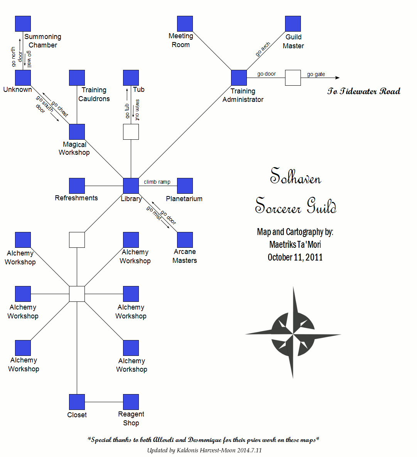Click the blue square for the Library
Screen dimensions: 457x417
click(x=131, y=186)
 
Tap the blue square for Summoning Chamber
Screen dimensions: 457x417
click(x=23, y=24)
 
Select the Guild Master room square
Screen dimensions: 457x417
click(x=293, y=24)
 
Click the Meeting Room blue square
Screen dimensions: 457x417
click(x=185, y=24)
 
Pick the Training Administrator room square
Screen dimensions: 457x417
click(x=239, y=78)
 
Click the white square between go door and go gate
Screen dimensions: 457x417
click(x=293, y=78)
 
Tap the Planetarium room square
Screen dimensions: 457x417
click(x=185, y=186)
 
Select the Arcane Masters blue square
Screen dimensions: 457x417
click(x=185, y=240)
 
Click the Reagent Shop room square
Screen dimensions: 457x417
click(x=131, y=402)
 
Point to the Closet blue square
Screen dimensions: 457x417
click(x=77, y=402)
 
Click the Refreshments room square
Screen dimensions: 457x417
click(x=77, y=186)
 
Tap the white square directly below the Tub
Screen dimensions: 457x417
click(x=131, y=132)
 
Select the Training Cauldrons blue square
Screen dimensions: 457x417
click(x=77, y=78)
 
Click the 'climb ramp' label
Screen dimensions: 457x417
click(x=157, y=182)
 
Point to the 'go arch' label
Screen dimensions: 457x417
click(x=263, y=49)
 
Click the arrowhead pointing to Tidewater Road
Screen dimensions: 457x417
click(x=338, y=78)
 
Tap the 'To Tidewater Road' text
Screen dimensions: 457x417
click(x=364, y=91)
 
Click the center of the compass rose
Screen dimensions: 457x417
click(x=293, y=333)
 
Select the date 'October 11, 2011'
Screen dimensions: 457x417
click(x=295, y=257)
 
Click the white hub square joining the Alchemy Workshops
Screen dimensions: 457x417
click(x=77, y=294)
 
